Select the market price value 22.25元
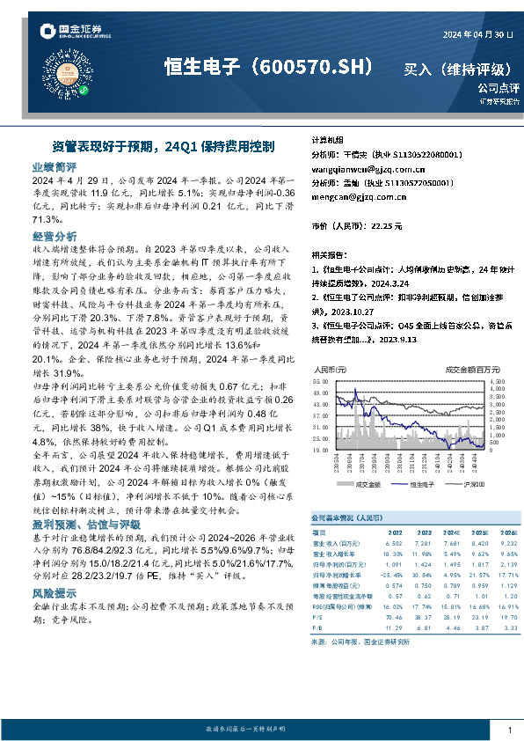pyautogui.click(x=386, y=226)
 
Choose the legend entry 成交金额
pyautogui.click(x=365, y=484)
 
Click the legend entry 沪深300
pyautogui.click(x=462, y=484)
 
